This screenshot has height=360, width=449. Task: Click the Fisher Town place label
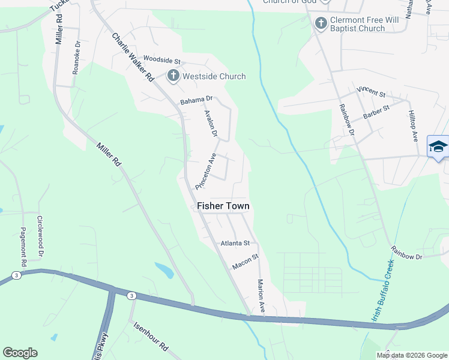click(x=223, y=206)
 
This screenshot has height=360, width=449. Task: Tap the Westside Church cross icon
click(x=173, y=76)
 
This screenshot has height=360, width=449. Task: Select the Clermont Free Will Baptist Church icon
click(x=321, y=23)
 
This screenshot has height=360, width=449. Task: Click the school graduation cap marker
click(x=438, y=146)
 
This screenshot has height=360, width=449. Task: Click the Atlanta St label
click(x=235, y=243)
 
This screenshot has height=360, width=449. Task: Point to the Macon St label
click(x=246, y=261)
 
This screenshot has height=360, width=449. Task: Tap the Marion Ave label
click(x=261, y=295)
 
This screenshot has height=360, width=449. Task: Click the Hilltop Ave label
click(x=413, y=125)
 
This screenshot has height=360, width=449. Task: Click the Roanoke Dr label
click(x=76, y=57)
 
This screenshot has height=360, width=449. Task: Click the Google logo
click(x=20, y=352)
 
